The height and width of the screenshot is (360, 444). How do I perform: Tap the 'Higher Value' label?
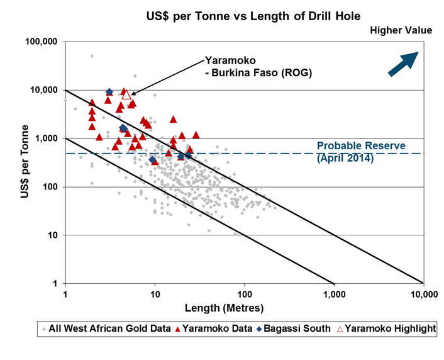[x=401, y=30]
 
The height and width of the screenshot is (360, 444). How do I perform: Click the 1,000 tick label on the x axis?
[x=334, y=295]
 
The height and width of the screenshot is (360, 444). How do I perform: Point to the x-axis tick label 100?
[x=245, y=295]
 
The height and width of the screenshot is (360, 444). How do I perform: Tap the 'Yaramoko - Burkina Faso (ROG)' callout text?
[x=258, y=67]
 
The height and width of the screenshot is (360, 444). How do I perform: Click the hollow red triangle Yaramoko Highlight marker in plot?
[x=126, y=94]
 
